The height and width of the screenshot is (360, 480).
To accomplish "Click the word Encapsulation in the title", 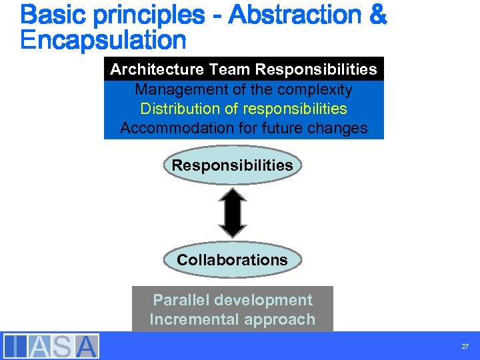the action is [x=103, y=40].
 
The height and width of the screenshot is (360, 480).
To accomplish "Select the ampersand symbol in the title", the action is [x=375, y=15].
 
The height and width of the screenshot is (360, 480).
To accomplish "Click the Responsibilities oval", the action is [x=232, y=165].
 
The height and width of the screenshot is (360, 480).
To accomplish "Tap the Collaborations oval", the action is [x=232, y=260].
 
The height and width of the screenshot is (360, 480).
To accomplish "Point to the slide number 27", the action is [x=465, y=347].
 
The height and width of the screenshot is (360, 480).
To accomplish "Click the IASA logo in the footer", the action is [x=51, y=346].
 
